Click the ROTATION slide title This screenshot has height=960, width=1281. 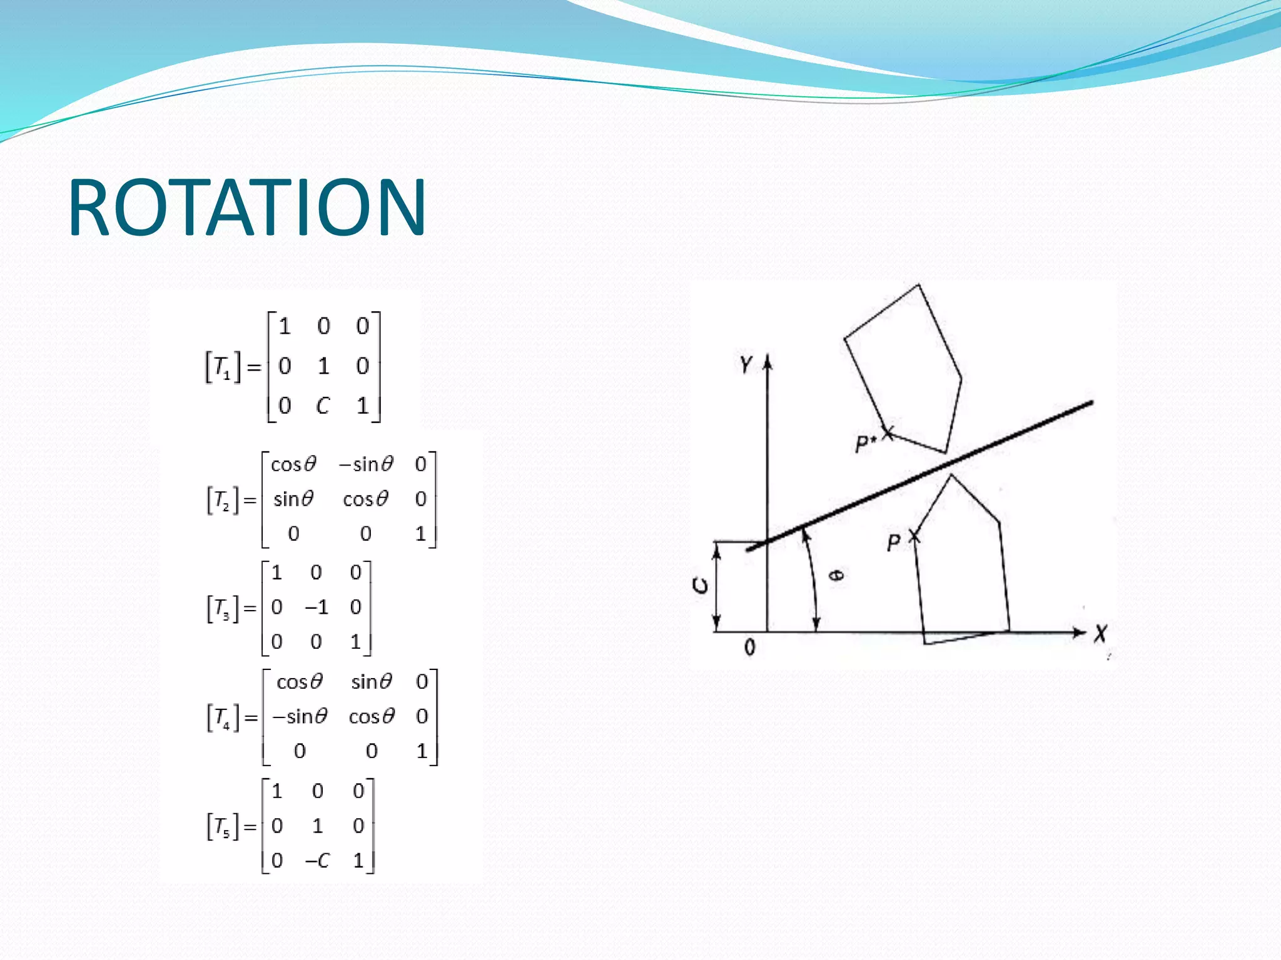coord(247,207)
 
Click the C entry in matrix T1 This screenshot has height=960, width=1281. coord(323,406)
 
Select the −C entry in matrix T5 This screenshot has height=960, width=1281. coord(317,861)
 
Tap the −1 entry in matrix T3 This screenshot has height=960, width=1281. coord(316,607)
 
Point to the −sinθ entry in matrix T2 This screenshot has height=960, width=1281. coord(366,464)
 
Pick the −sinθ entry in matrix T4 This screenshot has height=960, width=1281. coord(300,716)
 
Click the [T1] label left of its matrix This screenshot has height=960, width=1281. coord(223,367)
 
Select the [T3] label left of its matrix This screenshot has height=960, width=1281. coord(223,608)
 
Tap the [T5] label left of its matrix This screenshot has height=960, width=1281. coord(223,827)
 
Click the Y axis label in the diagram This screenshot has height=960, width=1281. coord(746,364)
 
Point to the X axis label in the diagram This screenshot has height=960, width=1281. coord(1101,634)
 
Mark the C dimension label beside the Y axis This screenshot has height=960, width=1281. coord(701,586)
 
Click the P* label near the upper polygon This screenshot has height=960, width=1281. coord(865,443)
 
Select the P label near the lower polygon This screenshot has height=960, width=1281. coord(894,542)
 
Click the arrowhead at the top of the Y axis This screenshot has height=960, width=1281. coord(768,362)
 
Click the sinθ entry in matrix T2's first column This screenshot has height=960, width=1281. coord(293,499)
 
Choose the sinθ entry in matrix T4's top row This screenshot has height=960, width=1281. coord(372,681)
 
